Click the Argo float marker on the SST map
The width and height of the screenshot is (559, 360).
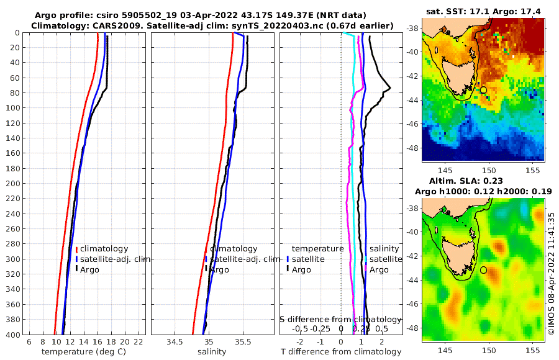pos(483,90)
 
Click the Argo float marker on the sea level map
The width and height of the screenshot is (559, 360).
pos(483,270)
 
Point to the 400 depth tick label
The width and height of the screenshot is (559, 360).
pos(12,335)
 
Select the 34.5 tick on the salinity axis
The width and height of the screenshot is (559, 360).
pos(175,342)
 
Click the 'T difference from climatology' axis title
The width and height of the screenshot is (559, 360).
pos(341,352)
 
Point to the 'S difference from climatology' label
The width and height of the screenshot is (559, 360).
pos(341,318)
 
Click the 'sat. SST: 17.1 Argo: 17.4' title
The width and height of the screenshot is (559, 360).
pos(483,12)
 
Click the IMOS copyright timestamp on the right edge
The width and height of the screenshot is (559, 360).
pos(552,273)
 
